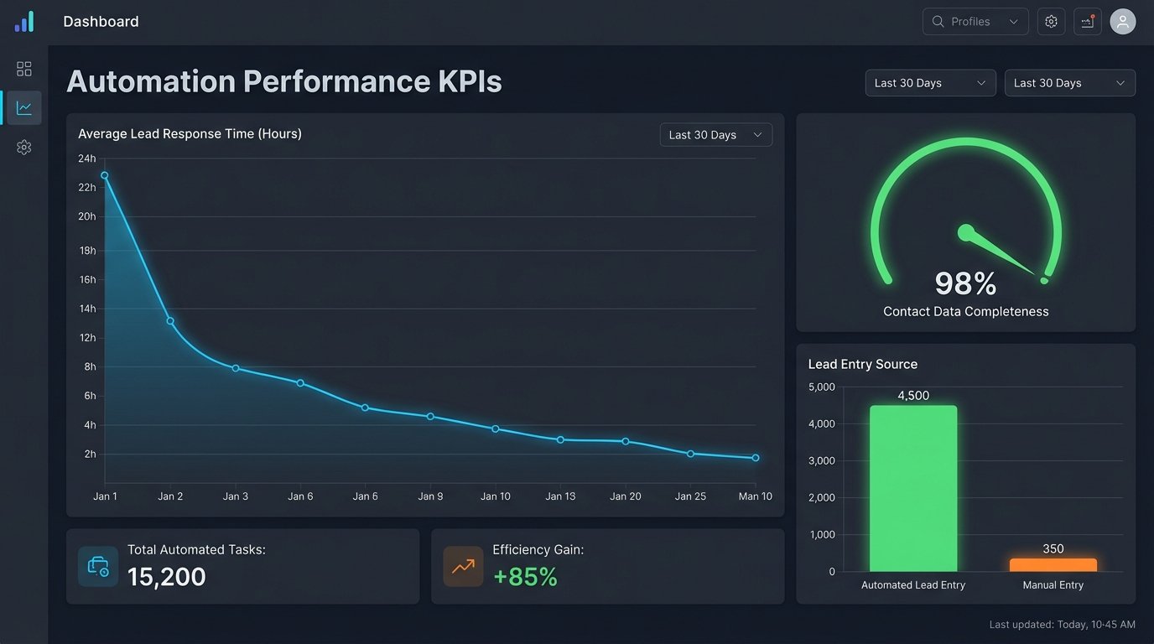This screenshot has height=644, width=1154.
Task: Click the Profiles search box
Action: coord(975,22)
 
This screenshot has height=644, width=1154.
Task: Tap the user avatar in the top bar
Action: coord(1122,22)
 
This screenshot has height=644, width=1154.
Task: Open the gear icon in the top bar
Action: coord(1051,22)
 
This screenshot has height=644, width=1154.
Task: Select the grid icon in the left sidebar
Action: coord(24,69)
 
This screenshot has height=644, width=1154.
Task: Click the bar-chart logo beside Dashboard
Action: coord(24,22)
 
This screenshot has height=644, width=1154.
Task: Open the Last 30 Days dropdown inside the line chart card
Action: coord(715,135)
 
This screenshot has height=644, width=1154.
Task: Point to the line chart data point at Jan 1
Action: coord(105,175)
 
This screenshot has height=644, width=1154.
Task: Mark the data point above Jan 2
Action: coord(170,321)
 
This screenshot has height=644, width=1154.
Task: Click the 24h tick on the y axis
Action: coord(87,158)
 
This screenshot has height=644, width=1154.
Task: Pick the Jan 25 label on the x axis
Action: coord(690,496)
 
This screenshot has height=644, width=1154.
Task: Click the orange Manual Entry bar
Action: coord(1053,565)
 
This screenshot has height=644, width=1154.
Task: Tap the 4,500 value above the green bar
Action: coord(912,396)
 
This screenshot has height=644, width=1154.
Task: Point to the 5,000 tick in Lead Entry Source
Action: coord(821,387)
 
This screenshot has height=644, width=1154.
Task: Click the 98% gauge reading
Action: coord(965,284)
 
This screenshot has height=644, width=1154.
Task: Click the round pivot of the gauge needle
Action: coord(966,231)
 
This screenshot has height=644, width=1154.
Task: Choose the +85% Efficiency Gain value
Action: coord(525,577)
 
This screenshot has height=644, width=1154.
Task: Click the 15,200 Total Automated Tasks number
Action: coord(167,577)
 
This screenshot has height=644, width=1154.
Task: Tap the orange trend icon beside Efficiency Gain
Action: coord(463,567)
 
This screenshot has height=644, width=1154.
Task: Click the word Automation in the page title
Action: coord(150,81)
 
